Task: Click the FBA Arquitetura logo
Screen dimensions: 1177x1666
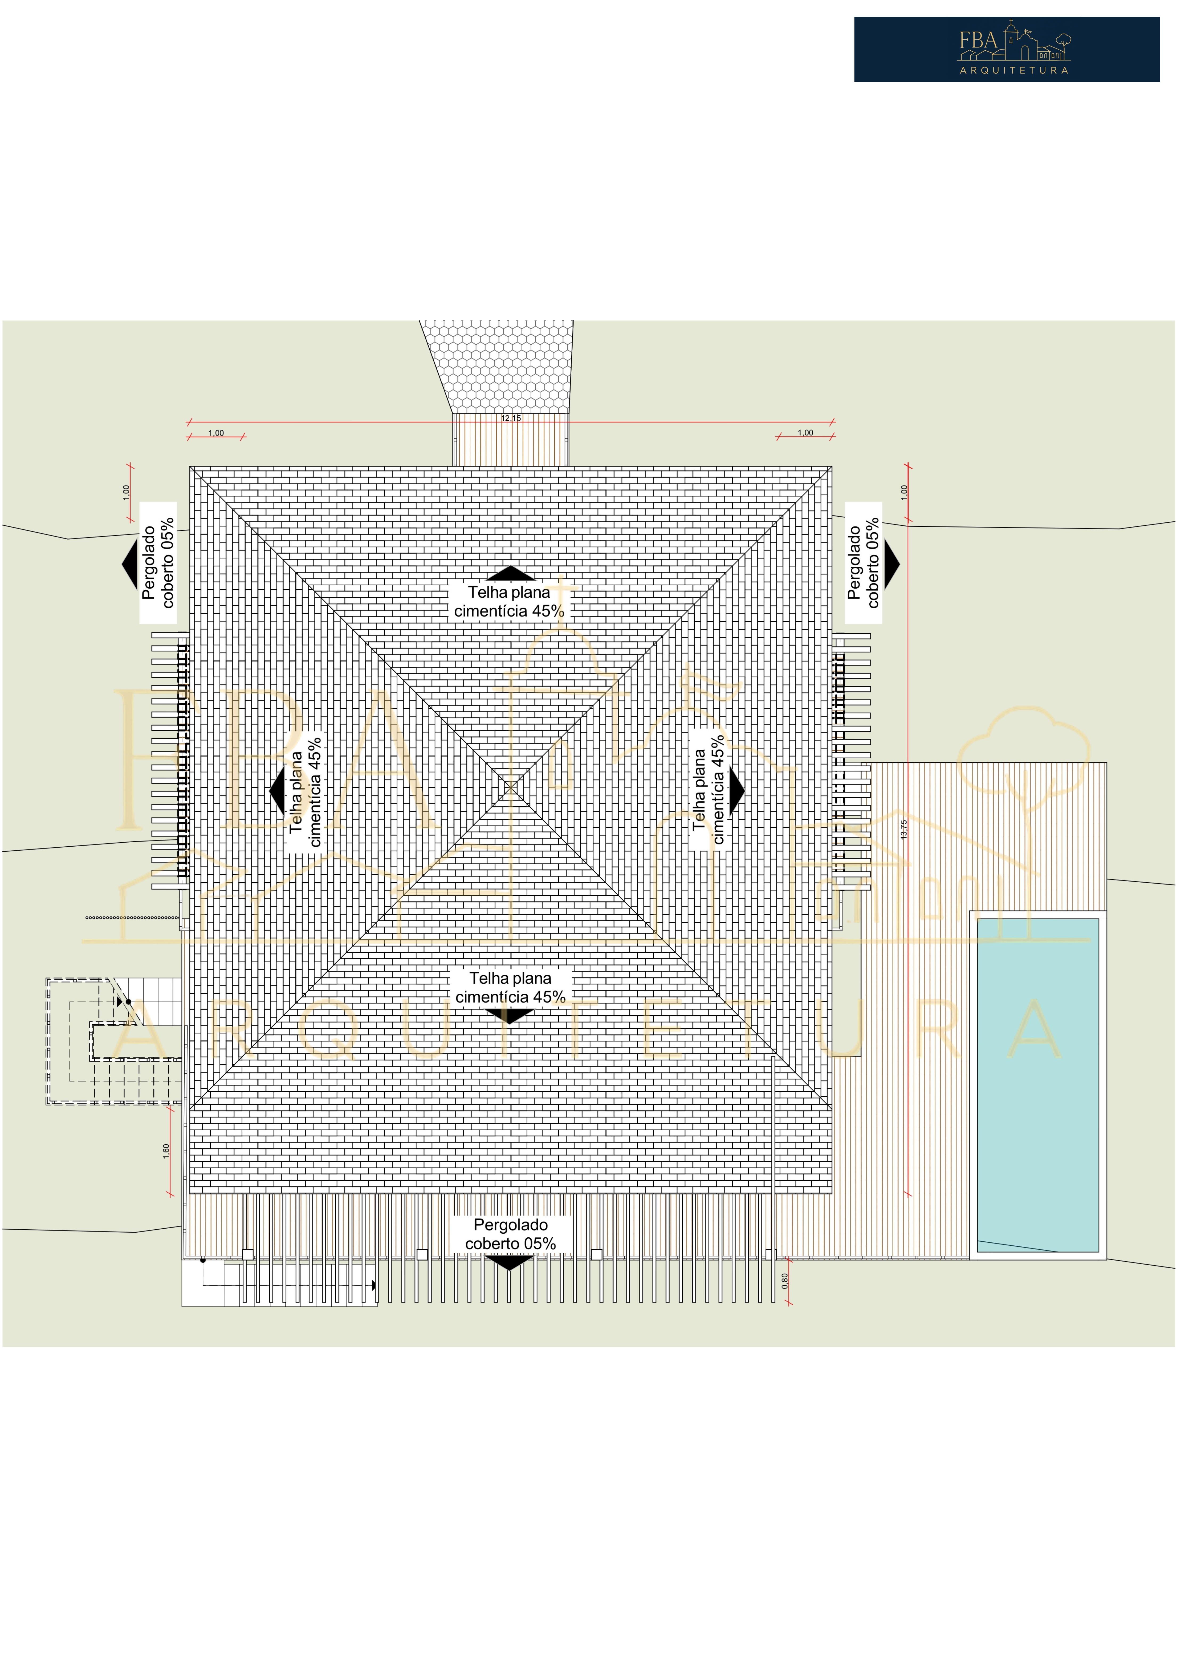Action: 1007,49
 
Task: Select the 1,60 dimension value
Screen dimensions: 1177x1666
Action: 166,1151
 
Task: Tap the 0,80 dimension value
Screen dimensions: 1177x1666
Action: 785,1281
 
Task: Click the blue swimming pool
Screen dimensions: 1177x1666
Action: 1038,1085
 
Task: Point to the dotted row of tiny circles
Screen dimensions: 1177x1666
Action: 132,917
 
